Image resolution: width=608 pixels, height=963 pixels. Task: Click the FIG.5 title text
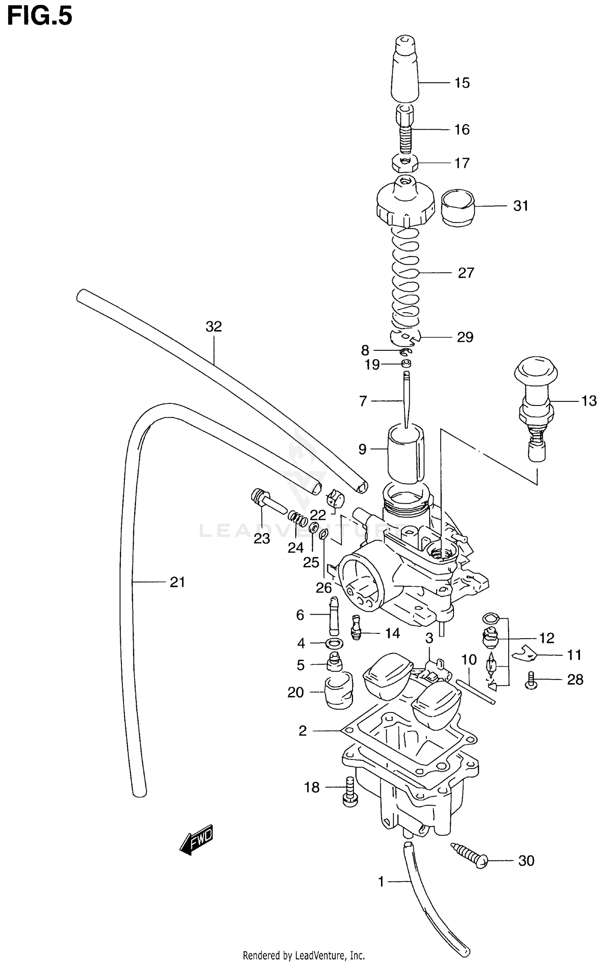pyautogui.click(x=40, y=17)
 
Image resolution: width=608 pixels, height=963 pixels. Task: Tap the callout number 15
pyautogui.click(x=462, y=83)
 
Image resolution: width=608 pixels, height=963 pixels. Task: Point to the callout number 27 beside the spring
pyautogui.click(x=466, y=273)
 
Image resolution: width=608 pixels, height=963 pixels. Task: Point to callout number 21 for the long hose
pyautogui.click(x=177, y=582)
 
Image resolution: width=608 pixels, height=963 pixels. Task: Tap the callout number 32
pyautogui.click(x=214, y=326)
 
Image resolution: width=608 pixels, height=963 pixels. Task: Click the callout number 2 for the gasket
pyautogui.click(x=302, y=731)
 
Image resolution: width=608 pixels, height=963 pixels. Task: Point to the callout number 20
pyautogui.click(x=295, y=692)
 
